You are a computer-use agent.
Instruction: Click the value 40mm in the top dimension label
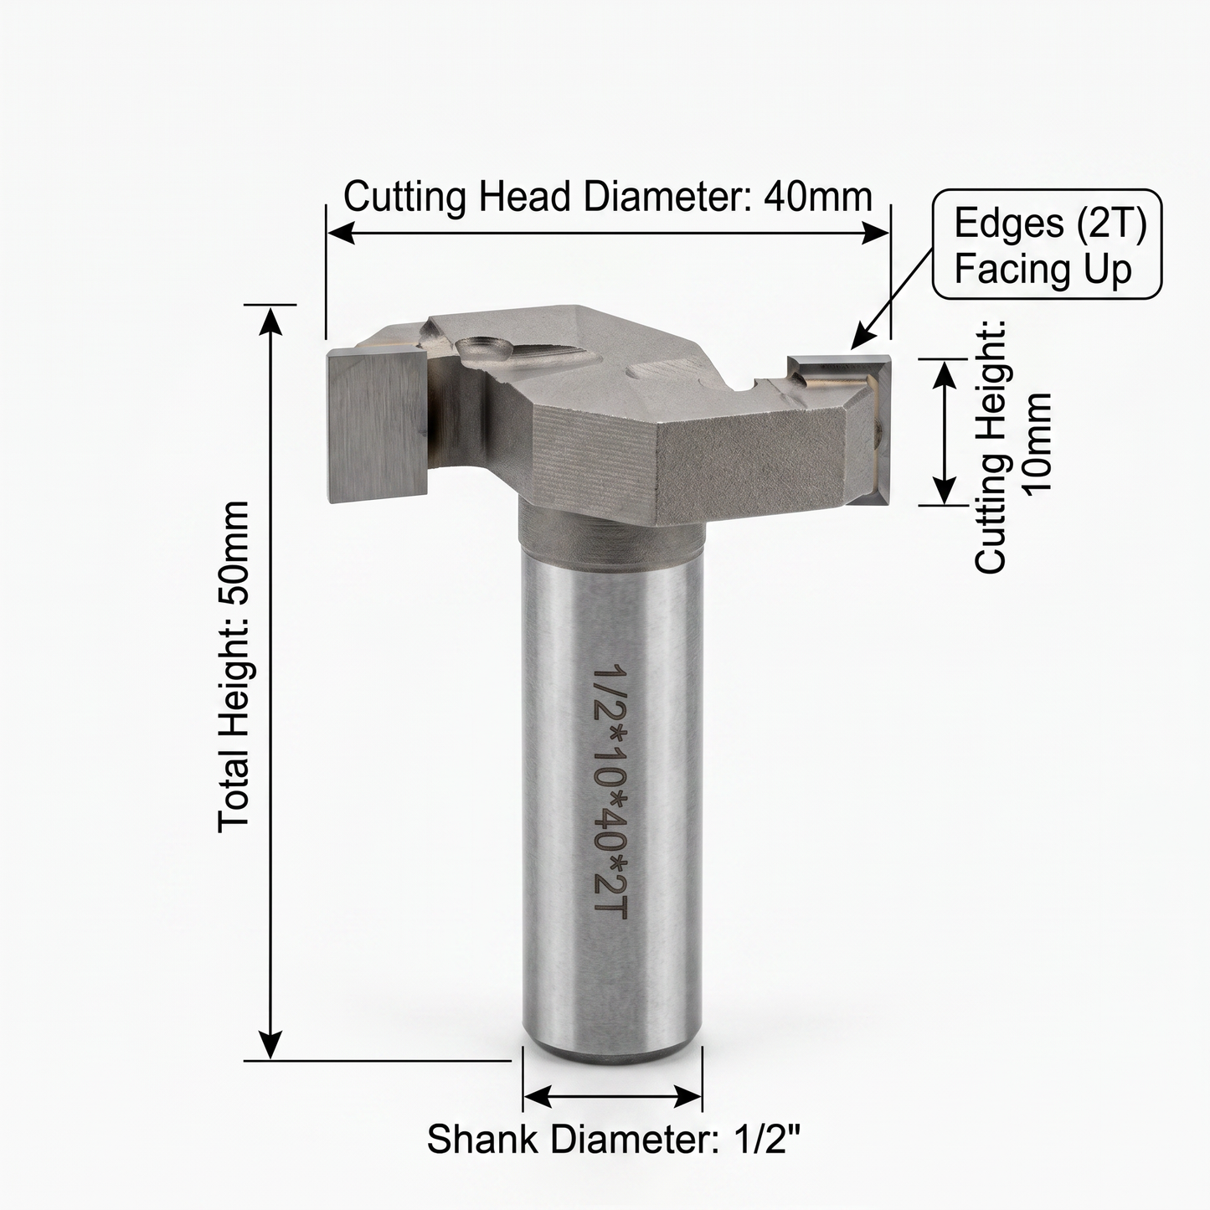[x=818, y=198]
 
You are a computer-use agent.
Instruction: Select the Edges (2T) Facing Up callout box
[x=1048, y=244]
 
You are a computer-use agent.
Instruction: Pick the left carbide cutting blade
[x=377, y=425]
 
